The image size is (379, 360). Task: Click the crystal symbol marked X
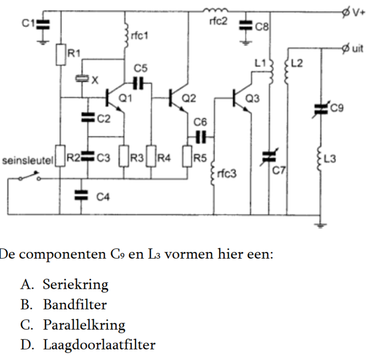click(x=82, y=79)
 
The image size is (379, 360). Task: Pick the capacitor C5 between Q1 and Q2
click(x=139, y=82)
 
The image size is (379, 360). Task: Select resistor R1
click(x=60, y=54)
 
